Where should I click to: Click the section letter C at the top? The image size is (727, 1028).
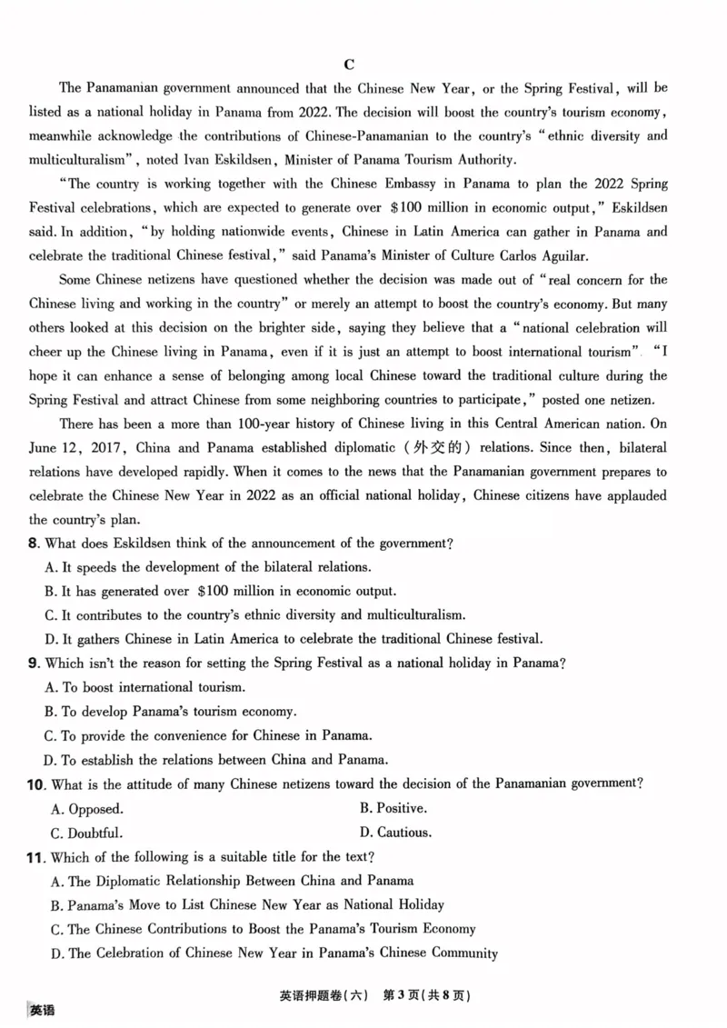point(349,64)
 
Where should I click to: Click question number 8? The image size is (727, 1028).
point(34,544)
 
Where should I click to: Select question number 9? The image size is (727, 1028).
point(34,664)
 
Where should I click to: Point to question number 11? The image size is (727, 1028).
point(36,856)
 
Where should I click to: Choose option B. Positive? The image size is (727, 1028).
point(393,808)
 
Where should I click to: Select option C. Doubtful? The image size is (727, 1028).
point(86,833)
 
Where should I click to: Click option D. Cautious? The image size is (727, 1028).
point(395,833)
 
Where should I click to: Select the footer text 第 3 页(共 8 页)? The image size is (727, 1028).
point(427,995)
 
